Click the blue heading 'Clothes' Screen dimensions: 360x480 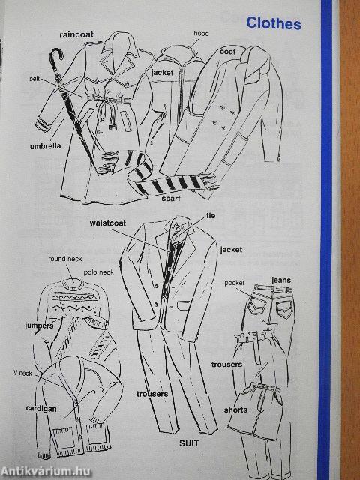[274, 23]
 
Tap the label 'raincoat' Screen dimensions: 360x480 [76, 34]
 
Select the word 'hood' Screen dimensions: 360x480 [201, 33]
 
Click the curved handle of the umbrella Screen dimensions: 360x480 [56, 57]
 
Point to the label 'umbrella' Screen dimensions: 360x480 [45, 146]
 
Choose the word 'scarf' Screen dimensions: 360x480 [171, 198]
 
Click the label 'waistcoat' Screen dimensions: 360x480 [108, 223]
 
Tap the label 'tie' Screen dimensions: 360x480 [211, 216]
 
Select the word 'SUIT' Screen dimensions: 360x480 [189, 443]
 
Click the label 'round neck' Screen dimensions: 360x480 [65, 259]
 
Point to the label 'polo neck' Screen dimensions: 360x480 [98, 272]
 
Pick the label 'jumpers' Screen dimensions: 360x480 [39, 325]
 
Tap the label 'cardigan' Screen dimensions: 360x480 [41, 409]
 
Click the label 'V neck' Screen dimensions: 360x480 [22, 373]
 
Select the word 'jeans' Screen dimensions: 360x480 [281, 280]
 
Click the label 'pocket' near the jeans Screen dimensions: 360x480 [235, 283]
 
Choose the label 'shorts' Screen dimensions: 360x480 [235, 409]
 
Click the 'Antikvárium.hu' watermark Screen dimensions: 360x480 [46, 472]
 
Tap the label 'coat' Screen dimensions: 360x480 [228, 52]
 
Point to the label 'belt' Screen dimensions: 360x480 [34, 79]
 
